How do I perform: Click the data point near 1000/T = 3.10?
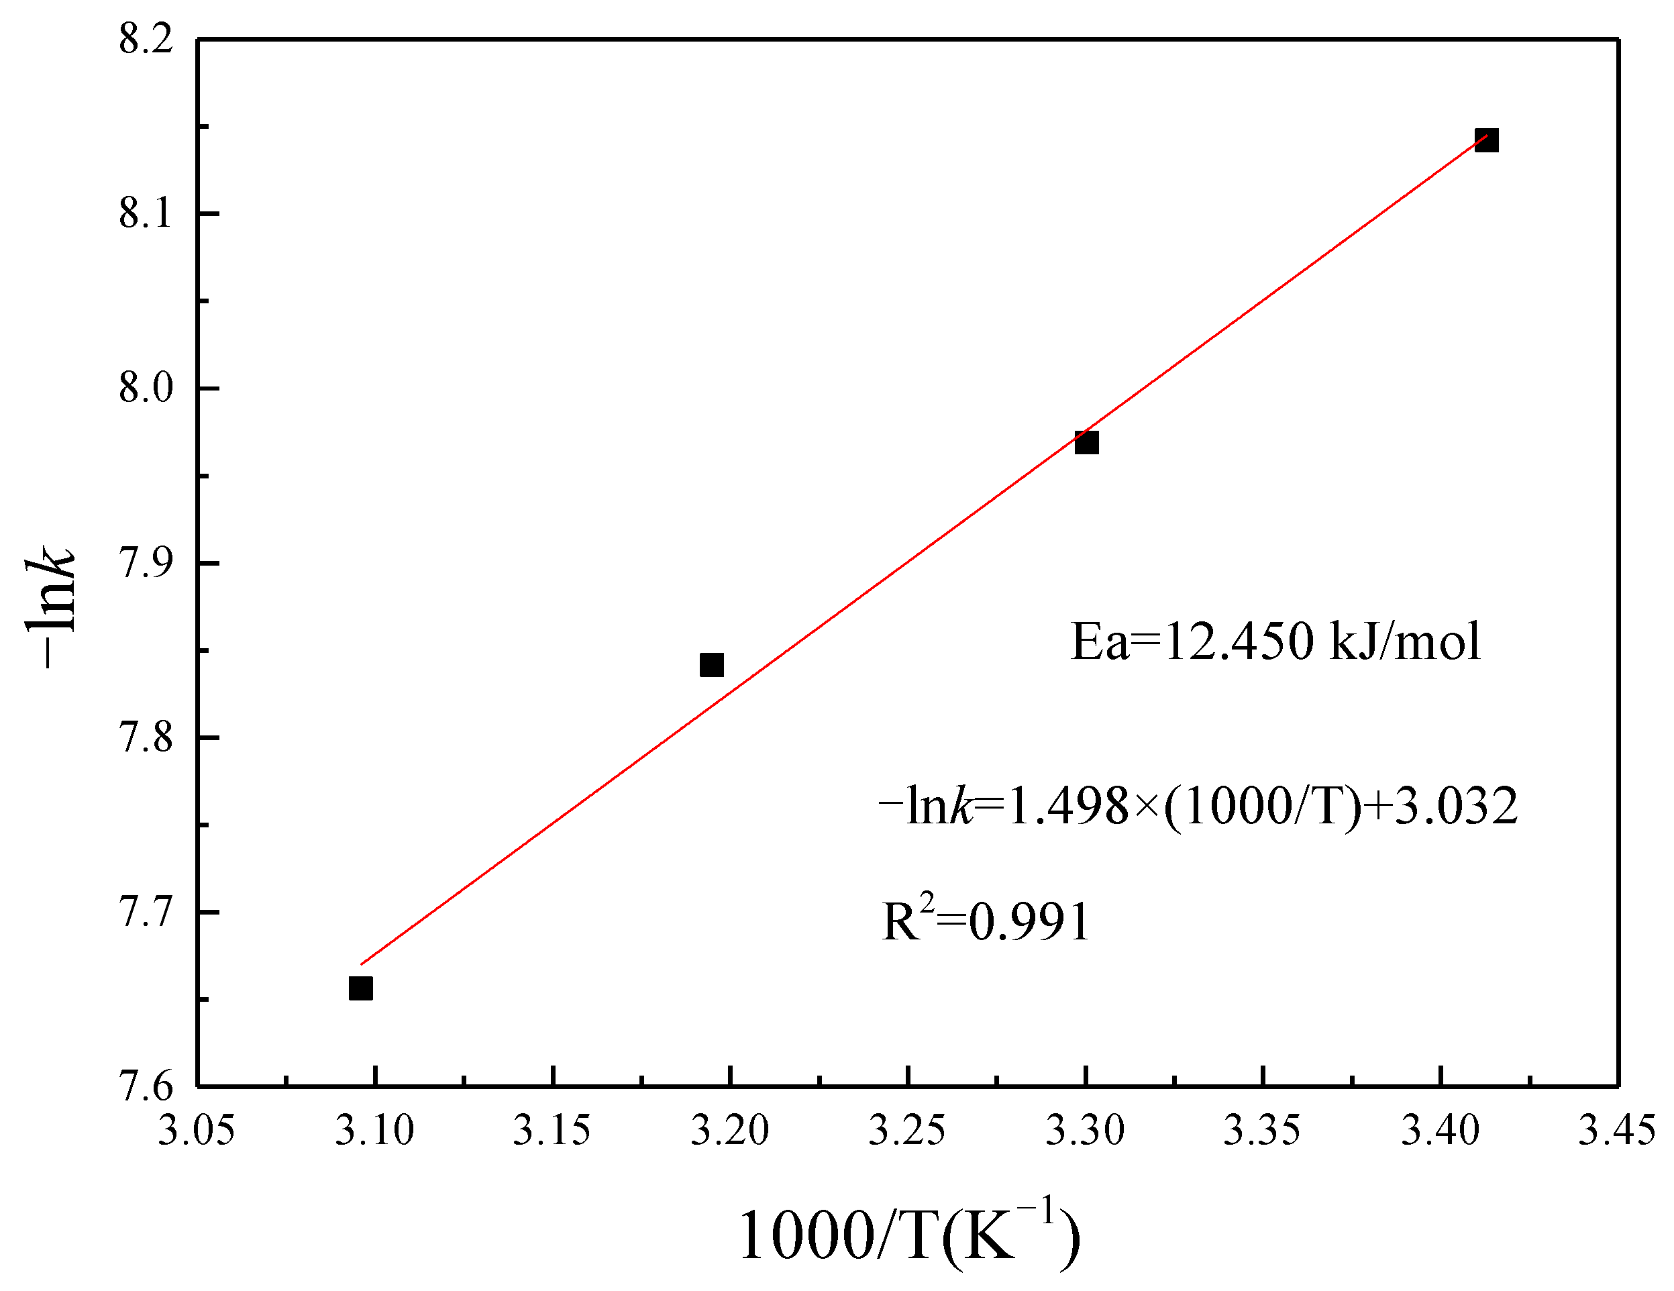[x=360, y=989]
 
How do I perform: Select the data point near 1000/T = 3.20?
[x=711, y=665]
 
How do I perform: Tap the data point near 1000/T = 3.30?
[x=1086, y=442]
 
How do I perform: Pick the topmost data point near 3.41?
[x=1486, y=140]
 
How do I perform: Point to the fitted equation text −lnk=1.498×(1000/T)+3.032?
[x=1197, y=806]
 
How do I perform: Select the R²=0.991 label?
[x=986, y=920]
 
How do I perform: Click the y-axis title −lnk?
[x=50, y=606]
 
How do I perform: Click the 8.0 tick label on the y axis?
[x=146, y=388]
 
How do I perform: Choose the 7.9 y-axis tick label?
[x=146, y=563]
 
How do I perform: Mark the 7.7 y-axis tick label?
[x=146, y=913]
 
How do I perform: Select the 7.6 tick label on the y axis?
[x=146, y=1087]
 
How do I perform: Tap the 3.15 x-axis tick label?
[x=552, y=1131]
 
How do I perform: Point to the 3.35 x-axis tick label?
[x=1261, y=1131]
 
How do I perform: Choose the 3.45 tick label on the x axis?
[x=1616, y=1131]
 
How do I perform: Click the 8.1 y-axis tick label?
[x=146, y=213]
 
